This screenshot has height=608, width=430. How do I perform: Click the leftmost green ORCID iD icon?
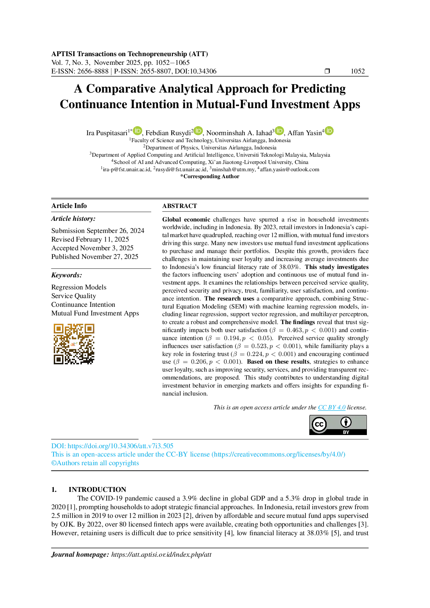(137, 131)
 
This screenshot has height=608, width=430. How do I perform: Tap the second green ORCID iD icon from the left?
(198, 131)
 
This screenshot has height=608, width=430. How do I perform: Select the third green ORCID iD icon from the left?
(279, 131)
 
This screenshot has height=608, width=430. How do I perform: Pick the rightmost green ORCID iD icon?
(329, 131)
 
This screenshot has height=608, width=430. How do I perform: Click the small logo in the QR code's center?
(74, 344)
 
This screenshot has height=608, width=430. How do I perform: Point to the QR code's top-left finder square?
(58, 328)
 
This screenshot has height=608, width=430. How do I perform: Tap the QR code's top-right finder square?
(89, 328)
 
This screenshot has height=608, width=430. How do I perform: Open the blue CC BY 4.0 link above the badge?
(332, 409)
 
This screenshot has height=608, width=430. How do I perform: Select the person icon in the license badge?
(346, 422)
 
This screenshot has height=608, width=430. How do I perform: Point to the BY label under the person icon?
(346, 432)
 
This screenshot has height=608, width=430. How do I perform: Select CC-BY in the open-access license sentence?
(177, 454)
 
